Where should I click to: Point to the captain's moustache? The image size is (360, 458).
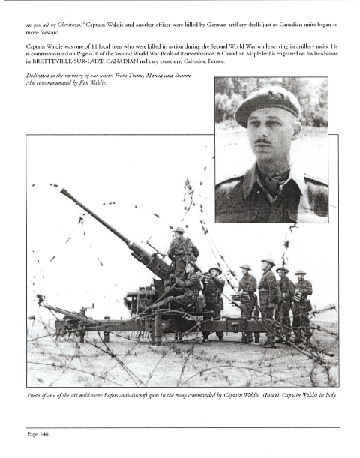point(262,142)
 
